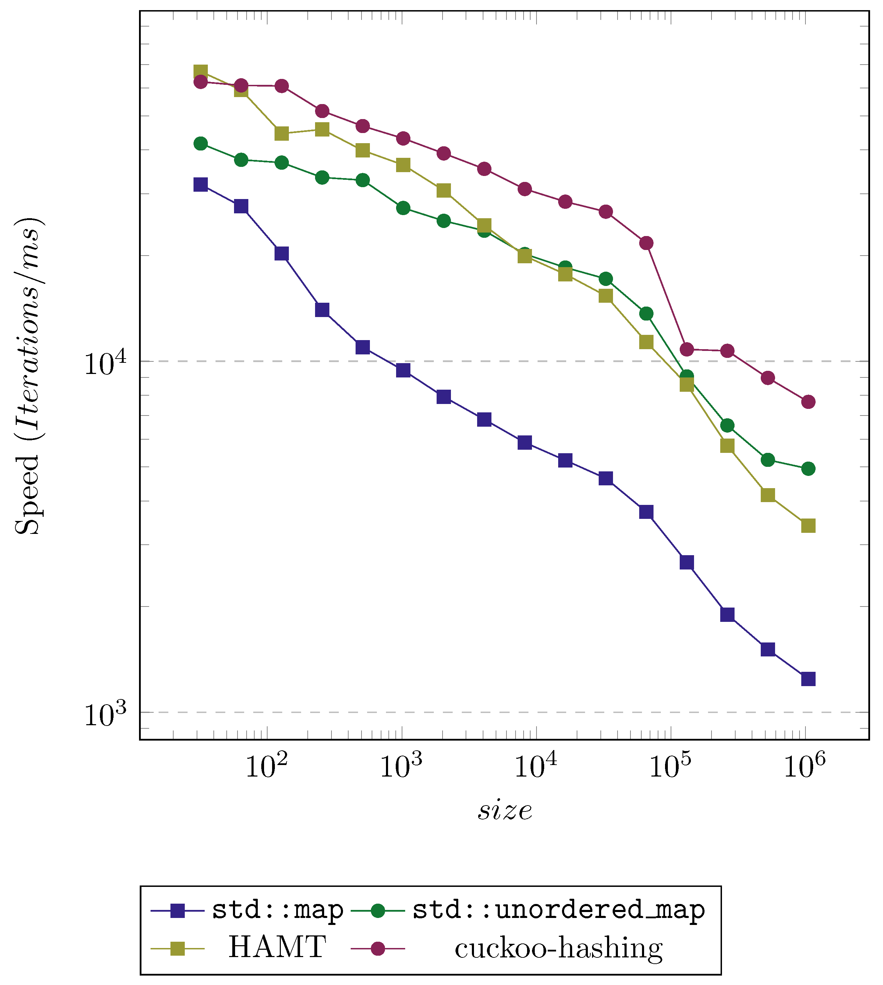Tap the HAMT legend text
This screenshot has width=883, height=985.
(x=277, y=947)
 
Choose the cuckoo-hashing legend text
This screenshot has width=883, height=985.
(x=559, y=948)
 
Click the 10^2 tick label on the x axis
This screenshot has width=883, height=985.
(x=267, y=767)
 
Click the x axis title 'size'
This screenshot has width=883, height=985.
(x=505, y=810)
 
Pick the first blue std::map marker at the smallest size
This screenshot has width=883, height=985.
(x=200, y=184)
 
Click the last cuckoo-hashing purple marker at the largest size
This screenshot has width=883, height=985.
(x=808, y=402)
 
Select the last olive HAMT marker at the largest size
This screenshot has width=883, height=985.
(x=808, y=526)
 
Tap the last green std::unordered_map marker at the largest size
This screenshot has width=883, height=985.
(x=808, y=469)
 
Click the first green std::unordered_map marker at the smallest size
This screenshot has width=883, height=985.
(x=200, y=144)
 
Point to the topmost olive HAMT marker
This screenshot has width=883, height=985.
(x=200, y=72)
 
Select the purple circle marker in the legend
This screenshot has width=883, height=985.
(x=378, y=948)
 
